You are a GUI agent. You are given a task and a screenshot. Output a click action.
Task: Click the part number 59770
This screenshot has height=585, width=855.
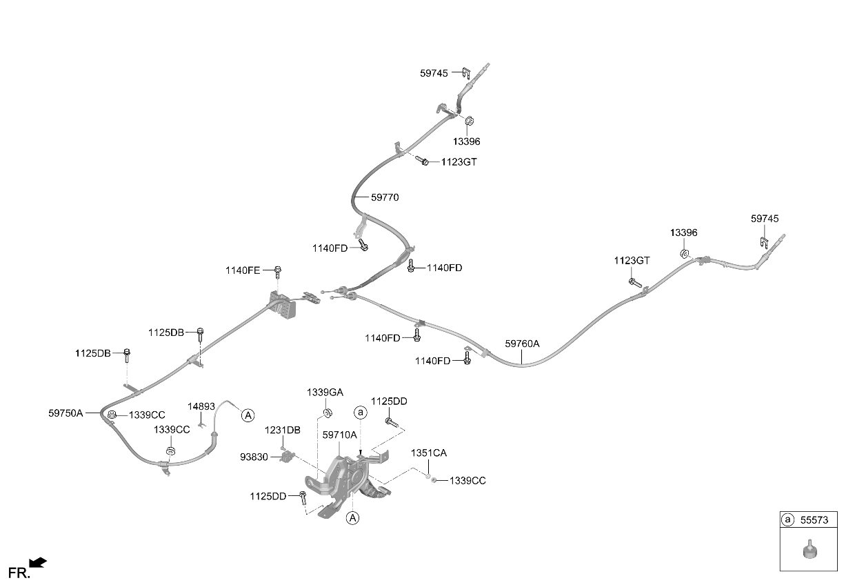point(385,197)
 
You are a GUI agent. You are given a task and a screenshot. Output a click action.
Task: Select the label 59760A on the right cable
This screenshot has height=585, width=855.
point(522,344)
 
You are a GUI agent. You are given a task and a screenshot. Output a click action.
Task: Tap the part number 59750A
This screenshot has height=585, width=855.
point(66,413)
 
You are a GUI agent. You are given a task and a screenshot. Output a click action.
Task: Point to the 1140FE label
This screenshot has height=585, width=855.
point(243,270)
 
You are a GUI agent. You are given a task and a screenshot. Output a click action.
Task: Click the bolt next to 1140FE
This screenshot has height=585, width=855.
point(278,272)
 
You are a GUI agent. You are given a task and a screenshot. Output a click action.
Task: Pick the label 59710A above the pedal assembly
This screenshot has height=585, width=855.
point(340,435)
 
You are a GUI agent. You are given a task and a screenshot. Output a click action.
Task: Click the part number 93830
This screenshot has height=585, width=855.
point(254,457)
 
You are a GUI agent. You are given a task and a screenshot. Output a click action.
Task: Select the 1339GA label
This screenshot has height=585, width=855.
point(325,392)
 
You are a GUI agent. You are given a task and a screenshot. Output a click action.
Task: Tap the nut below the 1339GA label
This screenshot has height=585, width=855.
point(327,413)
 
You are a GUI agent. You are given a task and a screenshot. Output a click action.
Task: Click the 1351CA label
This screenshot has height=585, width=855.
point(429,453)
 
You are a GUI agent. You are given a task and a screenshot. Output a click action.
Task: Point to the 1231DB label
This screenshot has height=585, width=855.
point(283,430)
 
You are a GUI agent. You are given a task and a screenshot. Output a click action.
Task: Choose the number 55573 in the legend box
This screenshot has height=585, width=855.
point(814,520)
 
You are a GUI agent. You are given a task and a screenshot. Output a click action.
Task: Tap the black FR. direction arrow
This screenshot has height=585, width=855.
point(38,562)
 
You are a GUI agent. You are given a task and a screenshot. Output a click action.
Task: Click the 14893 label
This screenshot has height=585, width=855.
point(201,406)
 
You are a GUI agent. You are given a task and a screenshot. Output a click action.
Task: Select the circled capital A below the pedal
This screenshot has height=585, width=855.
point(353,518)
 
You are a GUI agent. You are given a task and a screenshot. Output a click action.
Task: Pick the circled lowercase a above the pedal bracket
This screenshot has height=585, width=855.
point(361,413)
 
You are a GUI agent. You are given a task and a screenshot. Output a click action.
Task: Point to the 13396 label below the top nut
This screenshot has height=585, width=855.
point(466,141)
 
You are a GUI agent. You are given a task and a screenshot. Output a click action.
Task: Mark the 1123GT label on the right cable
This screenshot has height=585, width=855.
point(632,261)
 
